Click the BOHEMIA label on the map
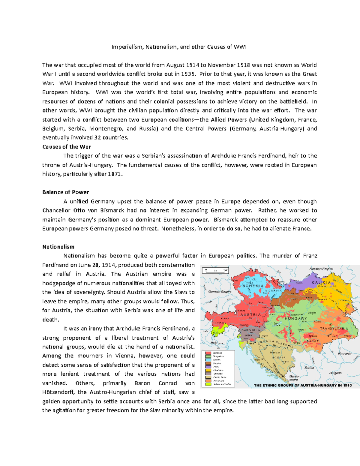pyautogui.click(x=253, y=286)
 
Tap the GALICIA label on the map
pyautogui.click(x=321, y=283)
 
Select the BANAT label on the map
pyautogui.click(x=313, y=341)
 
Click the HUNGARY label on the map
pyautogui.click(x=296, y=319)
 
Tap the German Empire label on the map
pyautogui.click(x=220, y=292)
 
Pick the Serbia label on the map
pyautogui.click(x=309, y=368)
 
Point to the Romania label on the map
pyautogui.click(x=344, y=353)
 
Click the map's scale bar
pyautogui.click(x=216, y=270)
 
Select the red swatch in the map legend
pyautogui.click(x=208, y=353)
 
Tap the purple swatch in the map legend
pyautogui.click(x=208, y=367)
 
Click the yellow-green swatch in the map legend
pyautogui.click(x=208, y=384)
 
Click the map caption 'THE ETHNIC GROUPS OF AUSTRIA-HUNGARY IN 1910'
pyautogui.click(x=303, y=385)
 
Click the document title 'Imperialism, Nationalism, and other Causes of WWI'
pyautogui.click(x=179, y=47)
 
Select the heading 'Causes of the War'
pyautogui.click(x=66, y=147)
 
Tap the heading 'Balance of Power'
pyautogui.click(x=65, y=192)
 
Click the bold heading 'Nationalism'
pyautogui.click(x=58, y=247)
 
